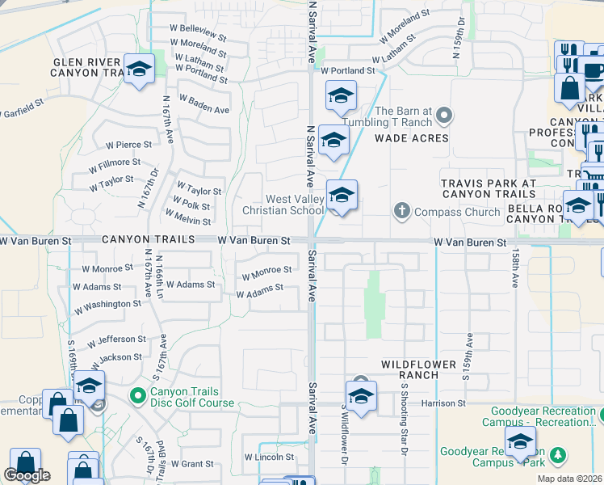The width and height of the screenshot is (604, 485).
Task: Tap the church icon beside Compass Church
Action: [x=401, y=212]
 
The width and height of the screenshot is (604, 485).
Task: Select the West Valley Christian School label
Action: [x=283, y=205]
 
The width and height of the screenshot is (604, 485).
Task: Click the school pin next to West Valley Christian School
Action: [x=342, y=196]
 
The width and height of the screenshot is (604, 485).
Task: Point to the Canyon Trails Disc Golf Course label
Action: [x=191, y=397]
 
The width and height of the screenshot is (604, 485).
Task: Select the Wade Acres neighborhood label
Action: [x=411, y=138]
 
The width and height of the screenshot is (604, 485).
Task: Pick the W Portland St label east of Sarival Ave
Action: [x=348, y=71]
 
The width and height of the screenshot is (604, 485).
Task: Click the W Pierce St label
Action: [x=128, y=145]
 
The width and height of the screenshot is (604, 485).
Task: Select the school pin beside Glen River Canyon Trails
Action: [x=139, y=69]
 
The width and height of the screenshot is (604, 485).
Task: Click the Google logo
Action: [x=27, y=475]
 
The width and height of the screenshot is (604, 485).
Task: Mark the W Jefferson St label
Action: [x=117, y=340]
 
